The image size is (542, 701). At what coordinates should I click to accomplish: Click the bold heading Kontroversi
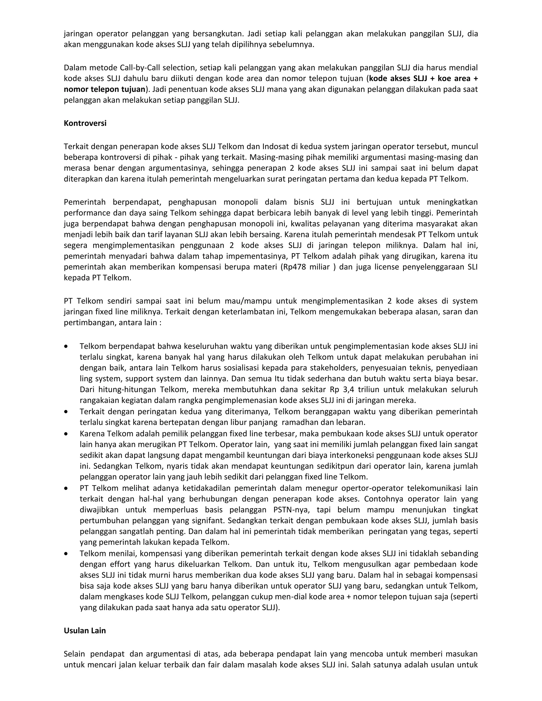85,123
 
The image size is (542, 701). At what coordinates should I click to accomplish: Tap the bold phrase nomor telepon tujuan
105,89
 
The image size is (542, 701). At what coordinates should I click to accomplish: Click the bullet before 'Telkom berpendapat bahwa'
66,347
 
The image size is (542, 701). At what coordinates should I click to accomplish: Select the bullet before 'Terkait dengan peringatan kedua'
66,412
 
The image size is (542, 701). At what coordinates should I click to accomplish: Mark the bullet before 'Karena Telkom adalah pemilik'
66,434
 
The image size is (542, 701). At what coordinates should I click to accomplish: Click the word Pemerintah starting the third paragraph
85,202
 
